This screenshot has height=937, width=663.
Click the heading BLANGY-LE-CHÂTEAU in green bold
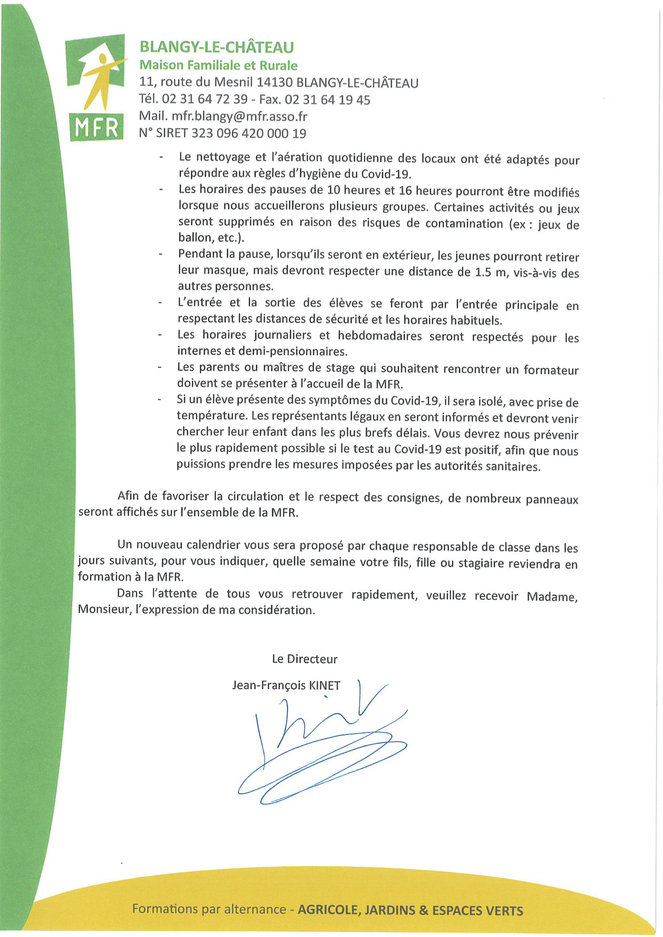click(217, 48)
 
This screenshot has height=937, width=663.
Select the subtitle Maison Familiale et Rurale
click(218, 66)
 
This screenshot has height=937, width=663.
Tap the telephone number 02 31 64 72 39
click(204, 100)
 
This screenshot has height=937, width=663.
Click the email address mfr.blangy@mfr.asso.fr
click(239, 117)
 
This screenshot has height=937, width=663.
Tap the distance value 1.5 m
click(490, 272)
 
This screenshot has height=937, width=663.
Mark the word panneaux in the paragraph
click(552, 500)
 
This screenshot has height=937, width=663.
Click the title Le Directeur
click(304, 659)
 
